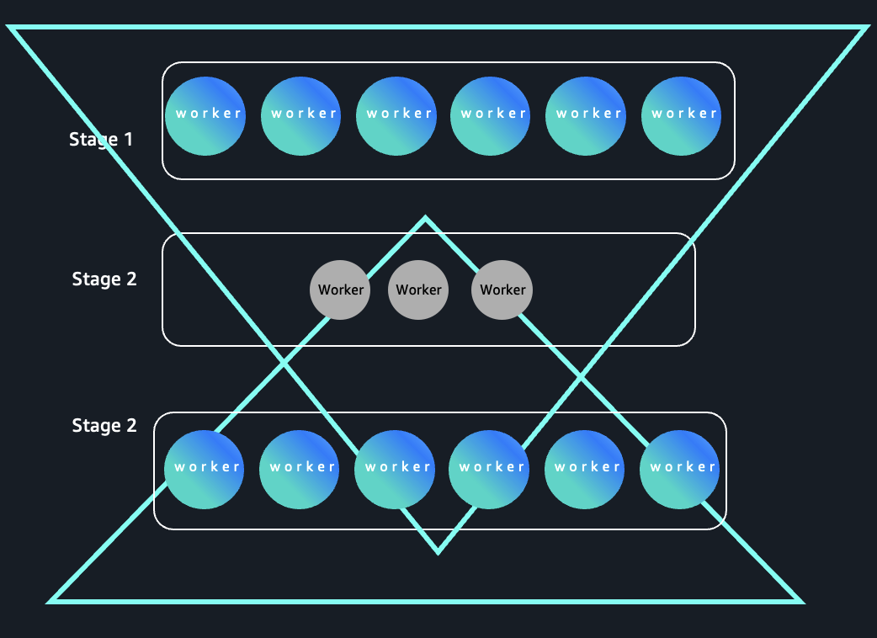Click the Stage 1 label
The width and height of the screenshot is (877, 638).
[x=101, y=139]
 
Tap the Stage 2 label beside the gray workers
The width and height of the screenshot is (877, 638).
[x=104, y=279]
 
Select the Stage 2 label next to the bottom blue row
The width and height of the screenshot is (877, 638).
[x=104, y=426]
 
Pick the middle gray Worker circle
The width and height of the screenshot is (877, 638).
[x=418, y=290]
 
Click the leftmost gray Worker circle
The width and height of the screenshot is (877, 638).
[x=340, y=290]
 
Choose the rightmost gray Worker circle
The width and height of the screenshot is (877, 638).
[x=502, y=290]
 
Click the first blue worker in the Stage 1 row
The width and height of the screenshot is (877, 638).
[x=205, y=116]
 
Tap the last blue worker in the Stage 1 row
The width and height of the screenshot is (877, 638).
[x=682, y=116]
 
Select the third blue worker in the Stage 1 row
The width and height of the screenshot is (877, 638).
[x=396, y=116]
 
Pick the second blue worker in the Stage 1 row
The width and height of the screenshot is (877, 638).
[x=301, y=116]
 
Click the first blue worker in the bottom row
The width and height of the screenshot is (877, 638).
[x=205, y=470]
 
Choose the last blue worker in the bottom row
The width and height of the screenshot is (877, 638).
[x=680, y=470]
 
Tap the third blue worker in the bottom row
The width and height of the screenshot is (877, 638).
[x=395, y=470]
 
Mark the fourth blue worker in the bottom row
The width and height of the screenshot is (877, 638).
[x=489, y=470]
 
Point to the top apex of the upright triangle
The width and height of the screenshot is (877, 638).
[x=425, y=219]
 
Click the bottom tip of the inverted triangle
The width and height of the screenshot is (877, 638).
[x=438, y=552]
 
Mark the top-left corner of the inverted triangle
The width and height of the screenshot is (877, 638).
[x=12, y=29]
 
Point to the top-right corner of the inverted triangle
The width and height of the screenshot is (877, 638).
[x=864, y=29]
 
